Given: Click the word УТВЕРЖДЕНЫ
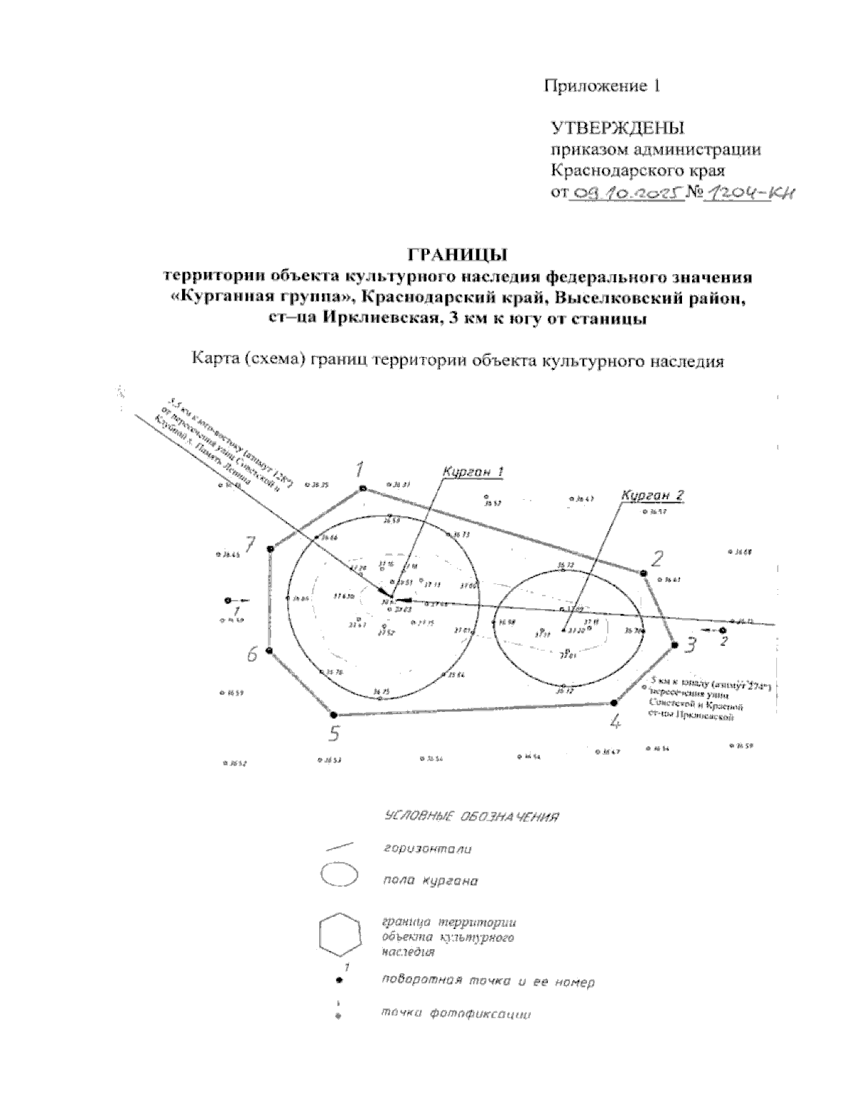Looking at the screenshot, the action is pos(618,129).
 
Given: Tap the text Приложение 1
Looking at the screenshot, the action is pos(601,86).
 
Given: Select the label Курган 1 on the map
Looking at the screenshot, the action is pos(473,472).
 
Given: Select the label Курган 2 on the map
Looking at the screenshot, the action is pos(653,495).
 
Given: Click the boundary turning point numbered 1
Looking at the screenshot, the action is pos(363,488).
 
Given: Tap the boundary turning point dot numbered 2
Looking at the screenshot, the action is pos(643,573).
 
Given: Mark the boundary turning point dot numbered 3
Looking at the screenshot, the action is pos(674,645).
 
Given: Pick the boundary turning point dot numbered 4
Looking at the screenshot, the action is pos(613,703).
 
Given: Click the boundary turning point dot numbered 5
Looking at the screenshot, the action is pos(334,714).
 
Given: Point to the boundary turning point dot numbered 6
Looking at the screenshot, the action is pos(269,650).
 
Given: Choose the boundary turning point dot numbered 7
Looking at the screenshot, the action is pos(270,548).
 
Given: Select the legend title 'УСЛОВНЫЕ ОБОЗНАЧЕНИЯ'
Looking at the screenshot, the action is pos(471,816).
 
